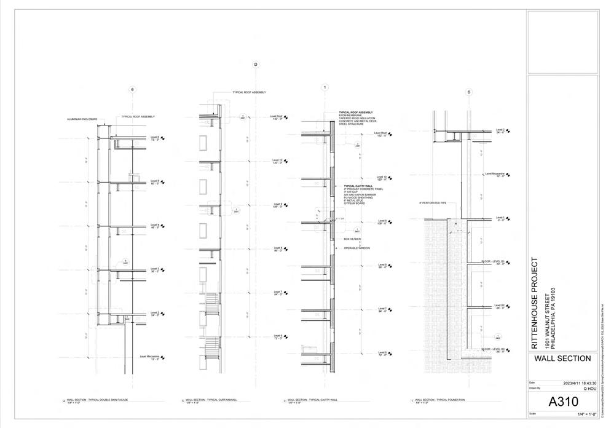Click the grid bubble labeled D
(x=256, y=65)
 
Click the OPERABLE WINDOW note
(x=357, y=248)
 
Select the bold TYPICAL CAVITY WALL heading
(x=358, y=186)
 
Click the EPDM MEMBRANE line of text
(x=351, y=116)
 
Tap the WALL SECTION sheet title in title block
(x=562, y=359)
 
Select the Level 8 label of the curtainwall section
(x=277, y=248)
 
